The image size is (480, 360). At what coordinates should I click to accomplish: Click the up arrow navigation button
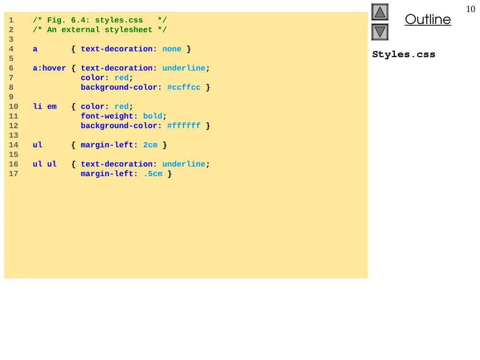pos(380,12)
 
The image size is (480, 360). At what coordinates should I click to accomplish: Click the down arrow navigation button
pos(380,32)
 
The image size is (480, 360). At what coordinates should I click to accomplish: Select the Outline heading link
pos(428,19)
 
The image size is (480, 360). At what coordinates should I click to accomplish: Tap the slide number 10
pos(470,9)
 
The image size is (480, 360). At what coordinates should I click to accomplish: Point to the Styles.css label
pos(404,55)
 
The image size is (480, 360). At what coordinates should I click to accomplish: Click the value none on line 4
pos(172,49)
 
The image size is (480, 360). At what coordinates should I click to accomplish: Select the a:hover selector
pos(49,68)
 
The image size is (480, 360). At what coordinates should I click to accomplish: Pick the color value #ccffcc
pos(184,87)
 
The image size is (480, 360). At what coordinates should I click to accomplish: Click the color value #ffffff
pos(184,125)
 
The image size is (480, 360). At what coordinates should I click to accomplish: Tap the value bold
pos(153,116)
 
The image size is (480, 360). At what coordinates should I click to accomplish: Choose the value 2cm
pos(150,145)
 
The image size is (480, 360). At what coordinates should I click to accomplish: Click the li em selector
pos(45,107)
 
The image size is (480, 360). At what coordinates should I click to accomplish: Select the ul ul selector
pos(45,164)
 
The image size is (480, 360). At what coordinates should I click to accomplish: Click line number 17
pos(13,174)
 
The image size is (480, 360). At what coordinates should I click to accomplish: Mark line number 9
pos(12,97)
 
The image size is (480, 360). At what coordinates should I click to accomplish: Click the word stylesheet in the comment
pos(128,30)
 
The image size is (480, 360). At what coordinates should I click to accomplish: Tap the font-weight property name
pos(107,116)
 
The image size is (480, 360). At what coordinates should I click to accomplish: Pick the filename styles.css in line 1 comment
pos(119,20)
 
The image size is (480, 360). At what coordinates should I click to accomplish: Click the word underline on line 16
pos(184,164)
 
